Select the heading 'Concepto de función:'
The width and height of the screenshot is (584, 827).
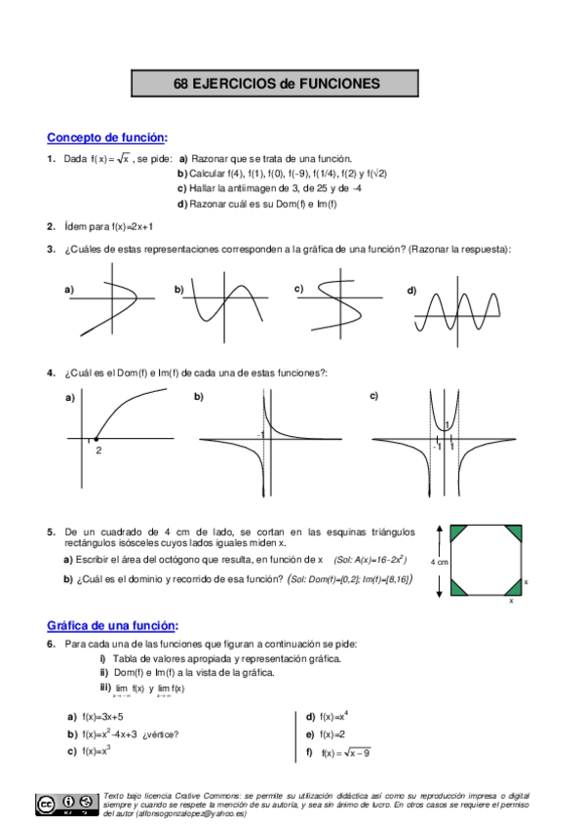point(107,138)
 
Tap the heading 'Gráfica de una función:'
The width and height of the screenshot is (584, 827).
point(113,625)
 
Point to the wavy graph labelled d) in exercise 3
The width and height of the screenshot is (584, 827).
point(459,311)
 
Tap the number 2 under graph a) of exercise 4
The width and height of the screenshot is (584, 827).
point(98,450)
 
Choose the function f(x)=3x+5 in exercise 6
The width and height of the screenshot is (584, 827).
point(102,716)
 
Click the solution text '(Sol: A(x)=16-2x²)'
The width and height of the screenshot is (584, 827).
point(370,560)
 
